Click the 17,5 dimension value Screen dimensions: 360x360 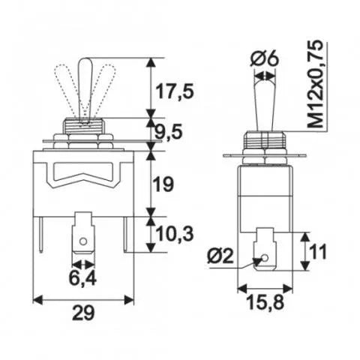click(x=175, y=91)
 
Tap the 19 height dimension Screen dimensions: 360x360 click(x=163, y=184)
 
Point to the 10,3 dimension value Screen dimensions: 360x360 click(x=175, y=234)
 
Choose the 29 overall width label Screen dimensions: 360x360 click(x=83, y=313)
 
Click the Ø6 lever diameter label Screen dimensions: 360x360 click(x=264, y=59)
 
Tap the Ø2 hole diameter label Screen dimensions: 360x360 click(x=220, y=256)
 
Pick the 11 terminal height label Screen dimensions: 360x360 click(x=317, y=252)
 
